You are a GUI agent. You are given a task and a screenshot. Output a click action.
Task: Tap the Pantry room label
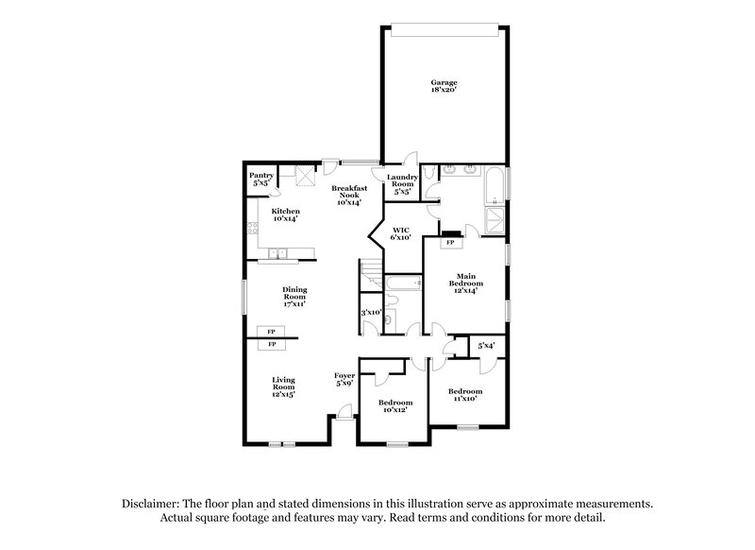pyautogui.click(x=261, y=178)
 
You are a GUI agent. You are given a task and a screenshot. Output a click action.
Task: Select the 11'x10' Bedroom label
pyautogui.click(x=464, y=395)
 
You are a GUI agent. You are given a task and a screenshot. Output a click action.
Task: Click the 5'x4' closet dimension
pyautogui.click(x=486, y=347)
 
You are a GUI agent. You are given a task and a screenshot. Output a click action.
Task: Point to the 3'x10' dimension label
pyautogui.click(x=370, y=313)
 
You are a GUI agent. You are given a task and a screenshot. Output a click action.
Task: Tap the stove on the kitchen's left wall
pyautogui.click(x=251, y=228)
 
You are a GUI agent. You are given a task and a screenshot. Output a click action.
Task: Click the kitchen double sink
pyautogui.click(x=279, y=252)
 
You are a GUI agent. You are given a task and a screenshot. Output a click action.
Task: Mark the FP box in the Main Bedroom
pyautogui.click(x=450, y=243)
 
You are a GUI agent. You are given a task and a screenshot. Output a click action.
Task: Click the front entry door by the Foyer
pyautogui.click(x=345, y=412)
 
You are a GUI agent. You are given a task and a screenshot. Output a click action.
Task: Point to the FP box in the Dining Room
pyautogui.click(x=271, y=332)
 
